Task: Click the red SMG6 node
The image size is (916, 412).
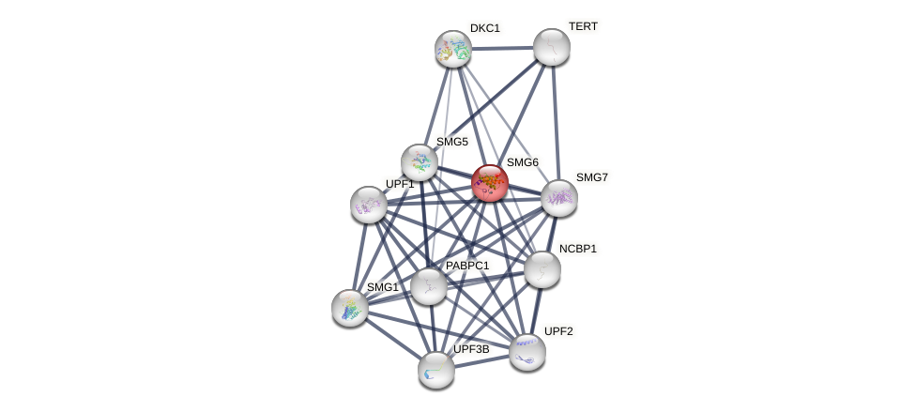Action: pos(489,183)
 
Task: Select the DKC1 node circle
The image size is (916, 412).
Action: pos(453,49)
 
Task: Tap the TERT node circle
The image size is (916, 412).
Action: pos(552,47)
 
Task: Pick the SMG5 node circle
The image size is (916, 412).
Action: pos(420,162)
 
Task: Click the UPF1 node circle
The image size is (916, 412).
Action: pos(368,204)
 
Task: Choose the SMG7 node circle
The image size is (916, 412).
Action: pos(559,198)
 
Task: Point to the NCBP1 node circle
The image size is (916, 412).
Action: pos(542,269)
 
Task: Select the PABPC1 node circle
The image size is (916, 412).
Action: pos(429,286)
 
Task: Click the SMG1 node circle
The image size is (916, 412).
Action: pos(350,308)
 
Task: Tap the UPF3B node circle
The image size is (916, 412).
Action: pos(436,370)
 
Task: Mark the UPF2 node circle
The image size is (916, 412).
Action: pos(527,352)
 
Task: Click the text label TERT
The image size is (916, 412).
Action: pos(583,26)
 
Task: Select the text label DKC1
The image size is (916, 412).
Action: pos(485,28)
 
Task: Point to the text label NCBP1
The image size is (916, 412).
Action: pos(578,249)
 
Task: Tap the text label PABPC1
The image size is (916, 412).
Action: pos(467,266)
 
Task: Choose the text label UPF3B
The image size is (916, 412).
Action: pos(471,349)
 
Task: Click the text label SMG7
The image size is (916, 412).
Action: pos(591,177)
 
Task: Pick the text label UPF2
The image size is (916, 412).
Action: pos(558,331)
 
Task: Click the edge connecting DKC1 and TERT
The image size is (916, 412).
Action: pos(502,48)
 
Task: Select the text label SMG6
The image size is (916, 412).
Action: pos(523,162)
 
